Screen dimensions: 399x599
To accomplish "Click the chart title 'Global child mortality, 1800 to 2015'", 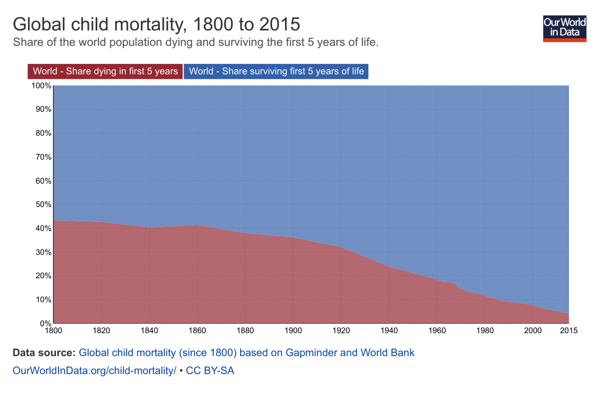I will [x=156, y=24].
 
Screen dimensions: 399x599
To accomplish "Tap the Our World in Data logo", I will [x=565, y=28].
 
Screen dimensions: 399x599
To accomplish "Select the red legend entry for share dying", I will [x=105, y=71].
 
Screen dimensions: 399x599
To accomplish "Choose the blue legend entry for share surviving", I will [x=277, y=71].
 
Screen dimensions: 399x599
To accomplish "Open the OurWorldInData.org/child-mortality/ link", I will [x=94, y=371].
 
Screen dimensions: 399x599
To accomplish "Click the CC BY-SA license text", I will [x=210, y=371].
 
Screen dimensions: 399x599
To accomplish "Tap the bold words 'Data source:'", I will [x=44, y=353].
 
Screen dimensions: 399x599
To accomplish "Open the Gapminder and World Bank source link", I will [x=247, y=353].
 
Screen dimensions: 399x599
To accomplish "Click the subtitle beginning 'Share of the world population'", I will [x=196, y=42].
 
